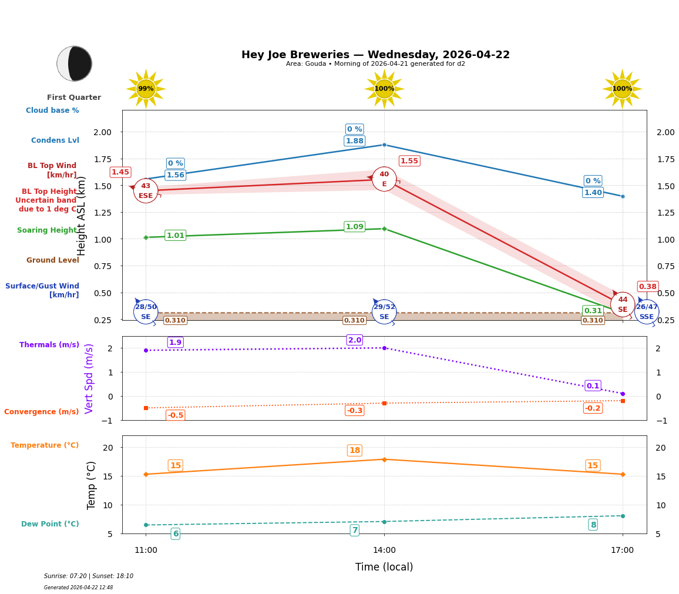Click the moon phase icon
point(74,63)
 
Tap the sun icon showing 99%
point(146,89)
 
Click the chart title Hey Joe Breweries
point(375,55)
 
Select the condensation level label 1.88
point(354,141)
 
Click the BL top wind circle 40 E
point(384,179)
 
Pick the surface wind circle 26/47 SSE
point(646,312)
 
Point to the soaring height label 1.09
point(354,227)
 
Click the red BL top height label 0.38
point(647,287)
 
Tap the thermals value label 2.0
point(354,340)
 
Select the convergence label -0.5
point(175,415)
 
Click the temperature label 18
point(354,451)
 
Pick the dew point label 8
point(593,525)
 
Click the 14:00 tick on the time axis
point(384,551)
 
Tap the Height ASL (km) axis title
point(82,216)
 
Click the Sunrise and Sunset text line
point(89,576)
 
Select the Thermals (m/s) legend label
point(49,345)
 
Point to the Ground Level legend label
point(52,260)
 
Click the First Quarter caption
point(74,98)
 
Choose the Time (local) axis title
point(384,567)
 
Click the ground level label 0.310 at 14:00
point(354,320)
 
